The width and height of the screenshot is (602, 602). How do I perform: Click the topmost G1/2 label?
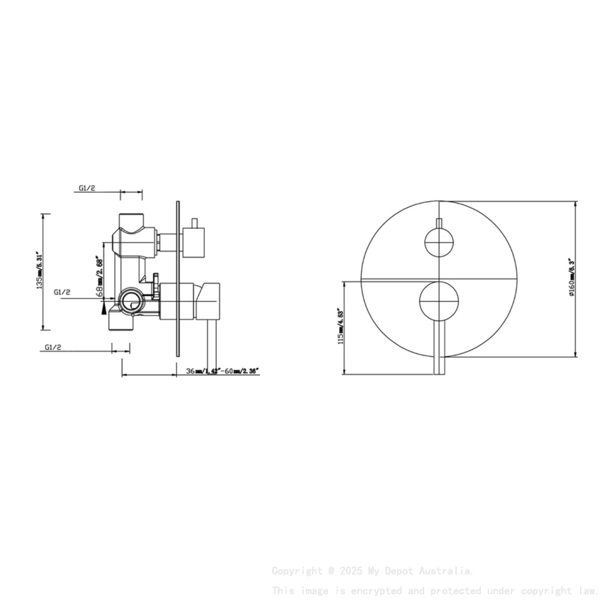point(87,188)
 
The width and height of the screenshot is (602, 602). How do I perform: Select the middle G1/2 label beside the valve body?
point(62,292)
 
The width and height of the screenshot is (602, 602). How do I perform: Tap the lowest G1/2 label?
point(53,347)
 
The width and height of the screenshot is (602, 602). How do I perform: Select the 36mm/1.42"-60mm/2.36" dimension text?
point(222,370)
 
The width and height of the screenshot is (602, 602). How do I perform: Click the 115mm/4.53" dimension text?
point(341,326)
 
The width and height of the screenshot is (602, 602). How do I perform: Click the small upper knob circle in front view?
point(438,242)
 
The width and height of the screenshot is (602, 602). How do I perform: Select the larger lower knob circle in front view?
point(438,300)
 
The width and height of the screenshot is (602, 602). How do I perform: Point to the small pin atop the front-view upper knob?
point(438,224)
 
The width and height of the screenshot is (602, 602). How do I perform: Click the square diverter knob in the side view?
point(193,241)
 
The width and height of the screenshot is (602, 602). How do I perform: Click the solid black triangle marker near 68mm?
point(105,309)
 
